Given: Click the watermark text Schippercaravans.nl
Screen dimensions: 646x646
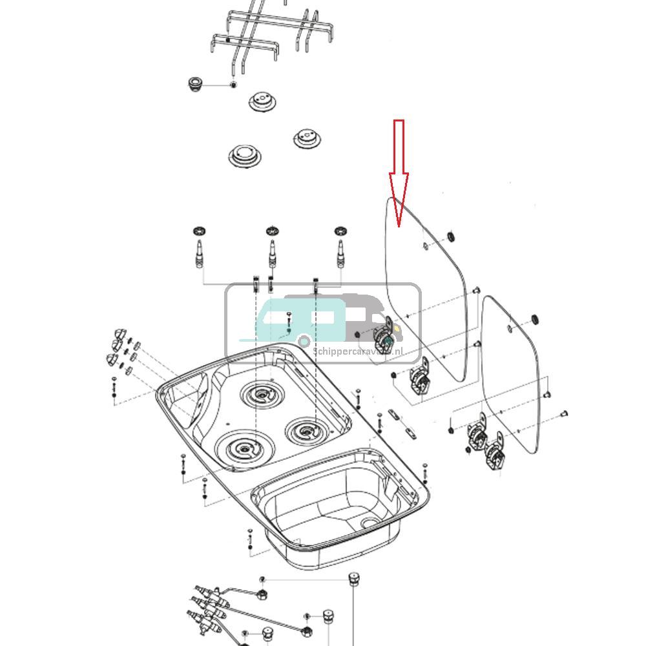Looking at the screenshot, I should click(x=358, y=351).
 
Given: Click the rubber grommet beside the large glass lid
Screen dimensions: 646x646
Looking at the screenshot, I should click(x=451, y=236).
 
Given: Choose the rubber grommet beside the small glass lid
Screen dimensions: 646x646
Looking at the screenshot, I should click(x=535, y=319).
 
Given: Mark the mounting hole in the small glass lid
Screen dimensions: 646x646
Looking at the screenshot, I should click(x=511, y=328).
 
